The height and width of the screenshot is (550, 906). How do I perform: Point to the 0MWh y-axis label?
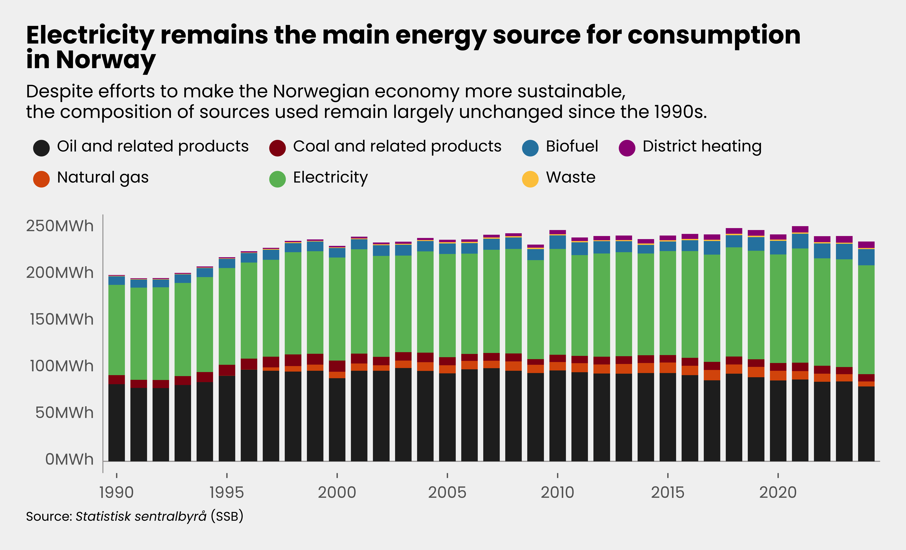[69, 460]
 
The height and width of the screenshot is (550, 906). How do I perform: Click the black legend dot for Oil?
[41, 148]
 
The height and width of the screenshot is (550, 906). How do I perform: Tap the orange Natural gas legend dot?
[41, 179]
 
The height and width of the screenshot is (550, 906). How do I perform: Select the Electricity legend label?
[330, 178]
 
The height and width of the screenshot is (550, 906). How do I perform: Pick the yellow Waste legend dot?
[530, 179]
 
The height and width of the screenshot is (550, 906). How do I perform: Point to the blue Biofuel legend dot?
[530, 148]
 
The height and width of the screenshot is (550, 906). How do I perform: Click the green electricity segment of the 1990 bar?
[116, 330]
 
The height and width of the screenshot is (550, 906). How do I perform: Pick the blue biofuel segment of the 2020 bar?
[778, 247]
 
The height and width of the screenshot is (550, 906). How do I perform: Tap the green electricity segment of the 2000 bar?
[337, 309]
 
